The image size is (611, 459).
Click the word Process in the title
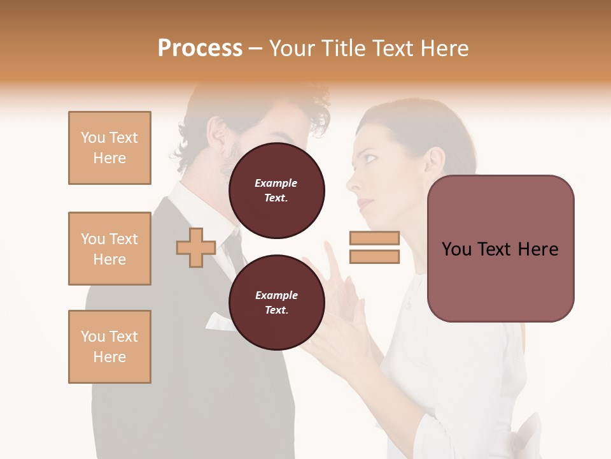tap(200, 48)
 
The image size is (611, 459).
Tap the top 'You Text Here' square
tap(109, 148)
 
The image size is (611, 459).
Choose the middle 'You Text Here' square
tap(109, 249)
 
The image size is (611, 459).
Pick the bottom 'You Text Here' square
tap(109, 347)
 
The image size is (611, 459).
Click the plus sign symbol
tap(196, 247)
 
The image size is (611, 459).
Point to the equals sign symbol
tap(374, 247)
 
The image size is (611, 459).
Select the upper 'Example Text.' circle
tap(276, 190)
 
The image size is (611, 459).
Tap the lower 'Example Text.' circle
tap(276, 302)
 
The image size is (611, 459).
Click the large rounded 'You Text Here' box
tap(500, 249)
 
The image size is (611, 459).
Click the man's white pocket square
tap(220, 321)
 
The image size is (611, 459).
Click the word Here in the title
tap(443, 48)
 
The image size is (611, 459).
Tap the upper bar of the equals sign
tap(374, 238)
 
